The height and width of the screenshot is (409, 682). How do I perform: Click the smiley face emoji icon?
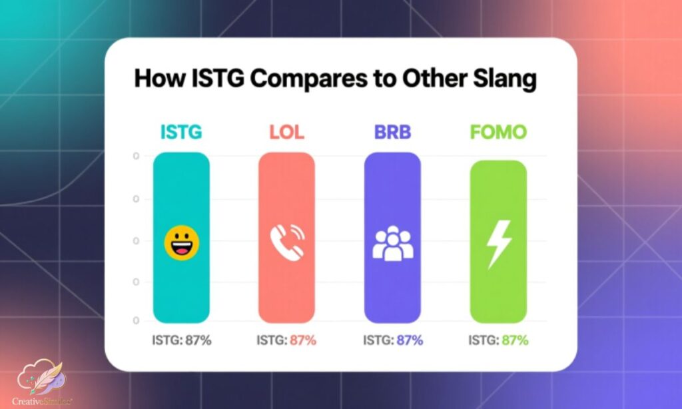pos(181,242)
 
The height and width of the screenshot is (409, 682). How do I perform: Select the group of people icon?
pos(392,244)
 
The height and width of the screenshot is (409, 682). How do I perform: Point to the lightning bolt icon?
pos(498,244)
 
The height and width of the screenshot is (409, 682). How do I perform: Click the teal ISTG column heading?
pos(181,132)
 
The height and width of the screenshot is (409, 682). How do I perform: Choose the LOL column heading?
pos(286,132)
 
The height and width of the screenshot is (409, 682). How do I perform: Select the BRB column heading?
pos(392,132)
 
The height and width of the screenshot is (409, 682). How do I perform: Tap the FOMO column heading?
pos(498,132)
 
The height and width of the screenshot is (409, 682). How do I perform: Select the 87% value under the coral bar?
pos(303,340)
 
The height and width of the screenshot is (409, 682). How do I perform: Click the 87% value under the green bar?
pos(515,340)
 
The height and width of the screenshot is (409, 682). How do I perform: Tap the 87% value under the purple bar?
pos(410,340)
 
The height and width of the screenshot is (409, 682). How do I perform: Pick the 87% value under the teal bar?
pos(198,340)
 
